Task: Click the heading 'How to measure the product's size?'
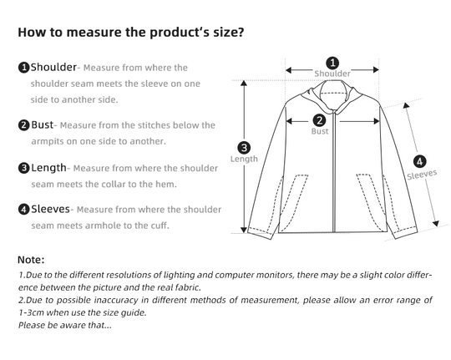pos(131,32)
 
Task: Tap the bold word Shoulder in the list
pos(53,67)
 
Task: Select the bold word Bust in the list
pos(43,124)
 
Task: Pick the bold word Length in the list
pos(48,168)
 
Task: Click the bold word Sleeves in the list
pos(50,209)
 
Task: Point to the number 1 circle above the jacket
pos(332,63)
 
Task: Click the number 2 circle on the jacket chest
pos(320,120)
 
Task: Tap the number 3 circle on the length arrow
pos(244,148)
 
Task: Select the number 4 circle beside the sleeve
pos(419,161)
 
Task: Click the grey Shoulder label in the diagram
pos(332,74)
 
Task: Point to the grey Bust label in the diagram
pos(320,131)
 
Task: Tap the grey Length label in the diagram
pos(244,159)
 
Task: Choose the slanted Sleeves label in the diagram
pos(422,175)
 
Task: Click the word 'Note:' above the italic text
pos(31,260)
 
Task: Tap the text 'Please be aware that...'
pos(65,325)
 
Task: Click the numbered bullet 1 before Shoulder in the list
pos(24,68)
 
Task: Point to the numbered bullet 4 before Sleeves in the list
pos(24,209)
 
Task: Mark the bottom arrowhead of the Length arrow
pos(244,230)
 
